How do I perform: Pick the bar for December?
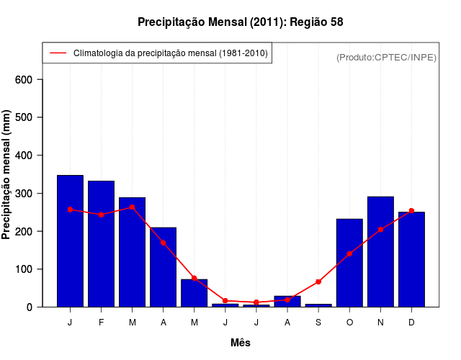point(411,259)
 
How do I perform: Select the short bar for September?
point(318,305)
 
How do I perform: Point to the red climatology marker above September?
point(318,282)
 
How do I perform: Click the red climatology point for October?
point(349,253)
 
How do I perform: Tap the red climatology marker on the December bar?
point(411,210)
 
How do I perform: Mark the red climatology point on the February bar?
point(101,215)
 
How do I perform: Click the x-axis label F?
point(101,323)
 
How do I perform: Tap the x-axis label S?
point(318,323)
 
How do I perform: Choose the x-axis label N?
point(380,323)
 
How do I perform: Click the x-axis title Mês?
point(241,343)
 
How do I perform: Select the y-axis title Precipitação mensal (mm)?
point(7,175)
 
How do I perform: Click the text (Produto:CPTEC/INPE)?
point(387,57)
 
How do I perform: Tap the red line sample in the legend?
point(58,53)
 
